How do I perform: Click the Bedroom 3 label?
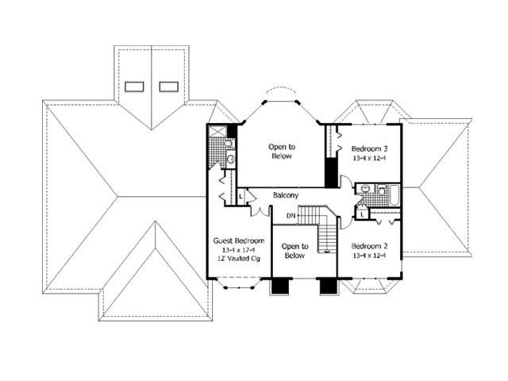[370, 148]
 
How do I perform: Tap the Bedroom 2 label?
[370, 245]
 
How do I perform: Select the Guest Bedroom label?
[237, 240]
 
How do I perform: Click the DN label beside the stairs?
[291, 215]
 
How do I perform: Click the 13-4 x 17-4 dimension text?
[237, 250]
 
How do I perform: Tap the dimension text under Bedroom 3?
[370, 159]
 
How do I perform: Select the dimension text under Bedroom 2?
[370, 256]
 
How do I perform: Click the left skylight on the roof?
[136, 86]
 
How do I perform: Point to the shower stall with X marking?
[217, 133]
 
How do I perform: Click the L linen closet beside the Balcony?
[239, 195]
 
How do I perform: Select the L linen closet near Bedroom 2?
[362, 213]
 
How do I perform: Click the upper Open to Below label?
[280, 151]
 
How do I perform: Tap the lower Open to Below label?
[294, 251]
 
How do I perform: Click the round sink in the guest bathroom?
[229, 160]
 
